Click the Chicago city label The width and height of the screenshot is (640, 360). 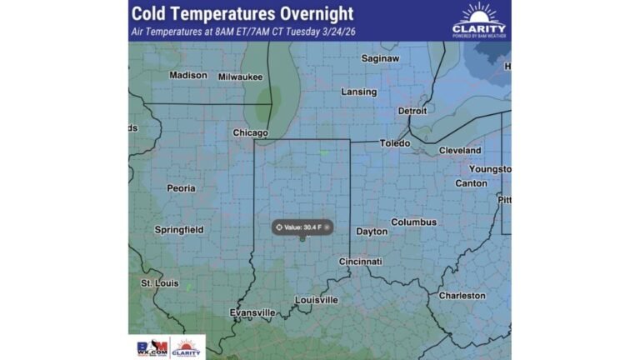point(250,132)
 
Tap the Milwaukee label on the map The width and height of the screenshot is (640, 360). point(240,77)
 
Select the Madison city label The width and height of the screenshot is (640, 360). point(187,75)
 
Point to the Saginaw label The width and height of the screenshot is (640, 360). point(380,58)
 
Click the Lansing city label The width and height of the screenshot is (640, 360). point(359,92)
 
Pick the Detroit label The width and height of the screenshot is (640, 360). point(412,111)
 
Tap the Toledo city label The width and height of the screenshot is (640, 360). point(395,143)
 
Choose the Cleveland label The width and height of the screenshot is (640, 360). point(460,150)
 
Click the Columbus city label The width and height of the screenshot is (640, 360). point(413,222)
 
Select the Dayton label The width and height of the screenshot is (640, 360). point(372,231)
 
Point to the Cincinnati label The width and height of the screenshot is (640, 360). point(360,262)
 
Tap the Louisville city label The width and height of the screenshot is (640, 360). point(317,299)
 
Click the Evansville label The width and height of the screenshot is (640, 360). point(252,312)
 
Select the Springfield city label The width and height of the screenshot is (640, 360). point(178,229)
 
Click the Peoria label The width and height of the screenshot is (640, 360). point(181,188)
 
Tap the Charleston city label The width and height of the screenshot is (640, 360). point(462,295)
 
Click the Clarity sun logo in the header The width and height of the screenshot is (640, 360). point(478,14)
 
